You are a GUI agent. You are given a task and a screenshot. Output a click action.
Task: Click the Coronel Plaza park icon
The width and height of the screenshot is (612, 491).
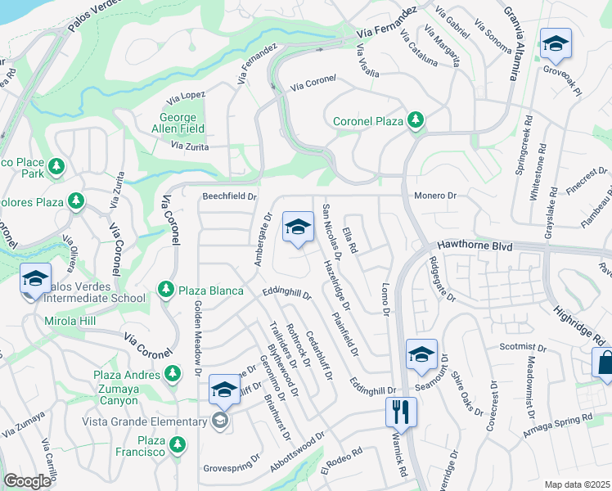[416, 121]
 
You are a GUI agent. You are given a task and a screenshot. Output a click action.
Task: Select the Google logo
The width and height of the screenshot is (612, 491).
[27, 481]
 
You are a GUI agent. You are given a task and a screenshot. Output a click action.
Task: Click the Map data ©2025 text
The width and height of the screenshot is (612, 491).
[576, 484]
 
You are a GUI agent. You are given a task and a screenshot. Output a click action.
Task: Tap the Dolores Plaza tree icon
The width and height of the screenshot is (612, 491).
[76, 200]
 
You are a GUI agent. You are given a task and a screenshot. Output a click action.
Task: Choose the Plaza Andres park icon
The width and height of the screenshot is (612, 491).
[172, 374]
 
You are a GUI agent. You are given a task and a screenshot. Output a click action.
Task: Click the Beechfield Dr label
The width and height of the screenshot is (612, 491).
[230, 196]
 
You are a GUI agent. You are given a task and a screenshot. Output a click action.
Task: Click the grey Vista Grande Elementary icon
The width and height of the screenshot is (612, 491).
[218, 421]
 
